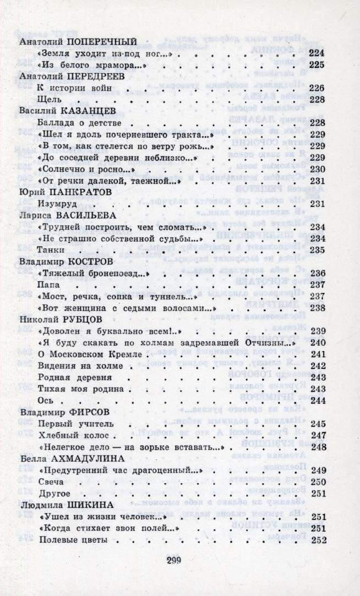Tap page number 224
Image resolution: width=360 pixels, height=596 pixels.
click(x=318, y=53)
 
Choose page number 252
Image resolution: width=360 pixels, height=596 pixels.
click(x=319, y=540)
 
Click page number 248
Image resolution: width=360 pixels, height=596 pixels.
click(x=319, y=446)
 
